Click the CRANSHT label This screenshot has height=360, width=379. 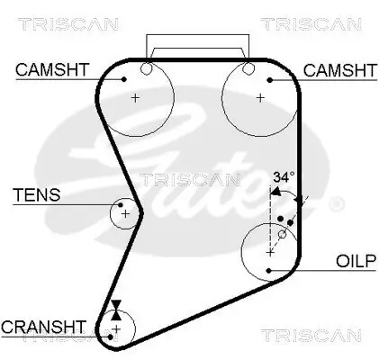tap(44, 325)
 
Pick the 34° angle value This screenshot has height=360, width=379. tap(284, 178)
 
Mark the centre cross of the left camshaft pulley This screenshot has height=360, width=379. tap(135, 97)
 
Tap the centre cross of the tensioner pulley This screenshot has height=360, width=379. tap(125, 213)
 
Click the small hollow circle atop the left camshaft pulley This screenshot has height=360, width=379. tap(147, 68)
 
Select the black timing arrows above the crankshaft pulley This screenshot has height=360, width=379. tap(115, 309)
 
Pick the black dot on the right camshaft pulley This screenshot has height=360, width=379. tap(267, 79)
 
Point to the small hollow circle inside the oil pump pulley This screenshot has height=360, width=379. tap(282, 234)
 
